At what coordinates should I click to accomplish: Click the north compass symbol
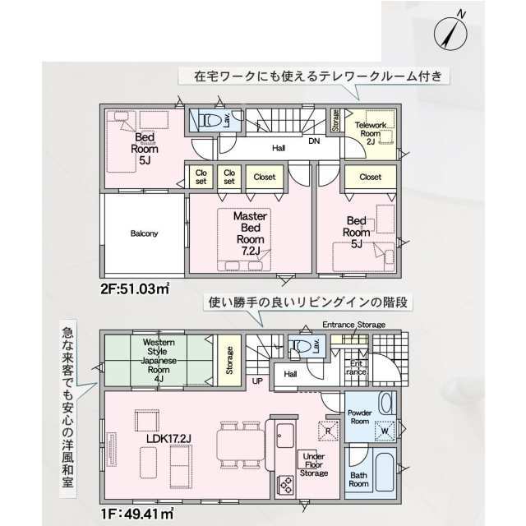450,33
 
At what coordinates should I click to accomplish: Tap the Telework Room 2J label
371,133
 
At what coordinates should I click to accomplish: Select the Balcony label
144,233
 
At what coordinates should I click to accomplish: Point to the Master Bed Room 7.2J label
250,233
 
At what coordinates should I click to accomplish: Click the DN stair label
314,141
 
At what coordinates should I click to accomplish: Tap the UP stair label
257,381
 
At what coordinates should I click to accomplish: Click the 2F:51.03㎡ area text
135,288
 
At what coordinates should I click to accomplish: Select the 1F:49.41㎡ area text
137,513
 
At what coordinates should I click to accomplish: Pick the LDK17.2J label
168,438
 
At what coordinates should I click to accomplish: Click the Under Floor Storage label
314,464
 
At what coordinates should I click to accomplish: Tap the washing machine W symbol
385,431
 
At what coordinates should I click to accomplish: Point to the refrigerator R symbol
328,431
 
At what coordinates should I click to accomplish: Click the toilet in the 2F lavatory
209,120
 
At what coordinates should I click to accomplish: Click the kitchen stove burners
286,485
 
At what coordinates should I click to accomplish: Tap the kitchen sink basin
285,436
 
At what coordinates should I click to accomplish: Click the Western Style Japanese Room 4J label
159,361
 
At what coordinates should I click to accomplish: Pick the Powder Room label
360,417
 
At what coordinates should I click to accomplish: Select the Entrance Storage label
354,325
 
